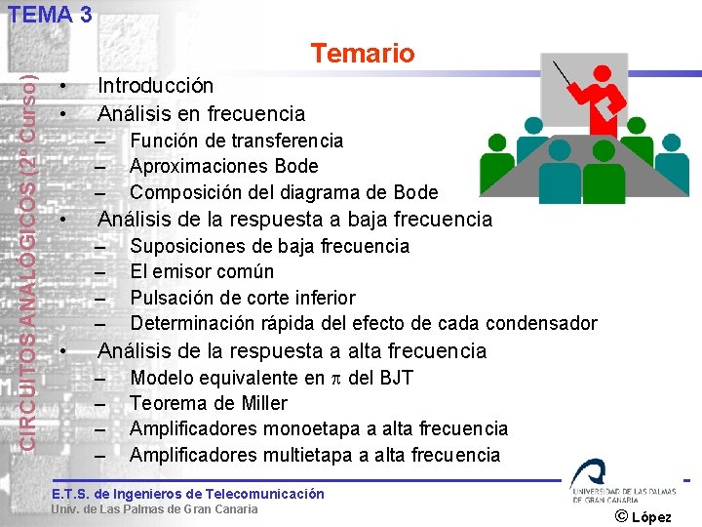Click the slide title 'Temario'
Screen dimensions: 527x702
click(x=363, y=54)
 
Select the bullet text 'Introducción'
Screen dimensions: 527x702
click(x=156, y=87)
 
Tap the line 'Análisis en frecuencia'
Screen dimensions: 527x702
click(x=201, y=114)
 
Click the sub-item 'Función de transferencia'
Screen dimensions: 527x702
click(x=236, y=141)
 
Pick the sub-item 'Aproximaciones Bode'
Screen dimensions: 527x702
click(x=223, y=166)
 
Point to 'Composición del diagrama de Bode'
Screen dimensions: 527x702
click(x=284, y=192)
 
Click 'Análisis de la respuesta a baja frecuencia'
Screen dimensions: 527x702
click(x=294, y=220)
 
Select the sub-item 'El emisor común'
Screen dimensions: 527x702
click(x=202, y=271)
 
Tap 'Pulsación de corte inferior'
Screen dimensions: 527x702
click(x=243, y=298)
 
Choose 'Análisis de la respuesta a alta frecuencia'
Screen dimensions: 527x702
click(x=292, y=350)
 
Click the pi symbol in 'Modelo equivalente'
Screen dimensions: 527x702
click(x=336, y=379)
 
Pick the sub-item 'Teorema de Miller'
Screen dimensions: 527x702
click(x=208, y=403)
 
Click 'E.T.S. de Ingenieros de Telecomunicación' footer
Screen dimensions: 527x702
click(x=187, y=494)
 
